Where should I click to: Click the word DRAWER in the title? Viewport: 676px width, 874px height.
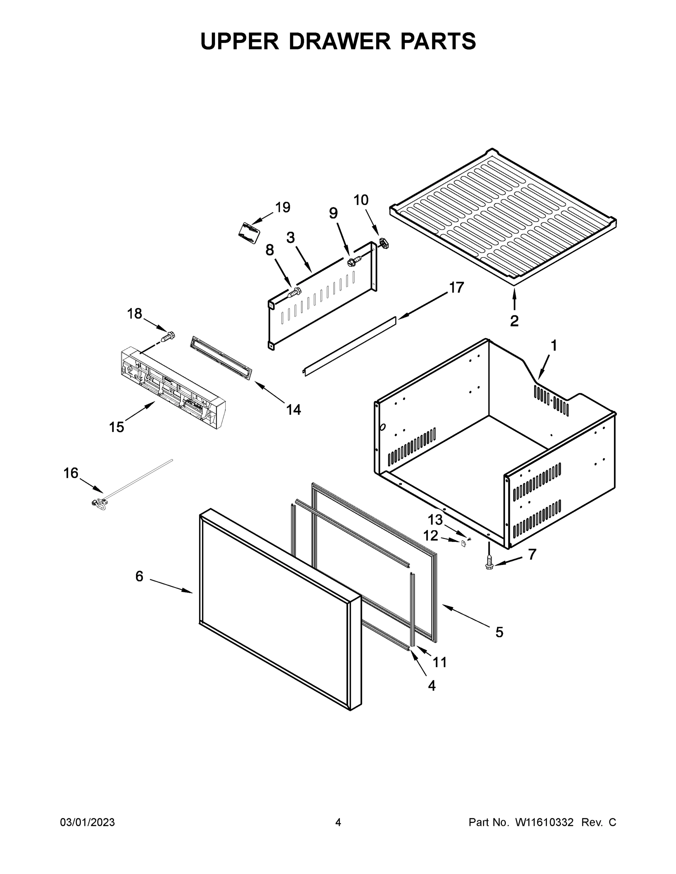[x=339, y=41]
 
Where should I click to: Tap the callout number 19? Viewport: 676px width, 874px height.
[x=282, y=207]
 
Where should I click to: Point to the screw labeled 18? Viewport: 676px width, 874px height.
[x=169, y=336]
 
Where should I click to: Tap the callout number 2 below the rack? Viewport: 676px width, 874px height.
[x=514, y=320]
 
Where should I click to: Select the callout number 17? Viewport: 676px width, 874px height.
[x=456, y=287]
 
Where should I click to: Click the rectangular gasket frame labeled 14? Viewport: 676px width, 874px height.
[x=222, y=357]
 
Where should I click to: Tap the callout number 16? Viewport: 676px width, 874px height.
[x=71, y=473]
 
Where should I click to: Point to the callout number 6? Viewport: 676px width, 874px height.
[x=139, y=576]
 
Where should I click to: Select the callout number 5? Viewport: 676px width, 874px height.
[x=499, y=632]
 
